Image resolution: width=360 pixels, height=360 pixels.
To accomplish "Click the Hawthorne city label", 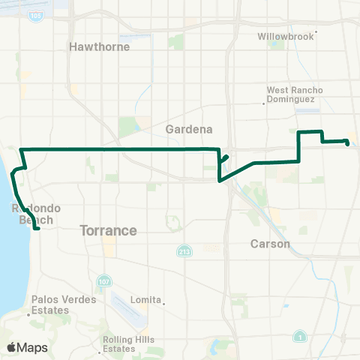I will click(99, 46).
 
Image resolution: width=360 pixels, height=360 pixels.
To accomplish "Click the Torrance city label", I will click(109, 231).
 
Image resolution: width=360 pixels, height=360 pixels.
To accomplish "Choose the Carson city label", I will click(269, 244).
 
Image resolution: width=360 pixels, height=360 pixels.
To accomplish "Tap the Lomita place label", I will click(145, 299).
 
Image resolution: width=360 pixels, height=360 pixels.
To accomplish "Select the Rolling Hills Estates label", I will click(129, 344).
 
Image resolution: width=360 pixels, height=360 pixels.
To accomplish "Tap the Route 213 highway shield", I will click(183, 250).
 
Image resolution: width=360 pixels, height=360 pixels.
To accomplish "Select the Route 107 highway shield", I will click(103, 282).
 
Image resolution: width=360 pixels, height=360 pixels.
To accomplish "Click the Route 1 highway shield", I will click(299, 334).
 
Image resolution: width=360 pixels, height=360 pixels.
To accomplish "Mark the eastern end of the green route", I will click(347, 142).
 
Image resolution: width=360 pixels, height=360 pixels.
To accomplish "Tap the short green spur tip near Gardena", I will click(227, 156).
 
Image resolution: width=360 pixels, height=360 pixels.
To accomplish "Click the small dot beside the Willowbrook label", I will click(317, 32).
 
